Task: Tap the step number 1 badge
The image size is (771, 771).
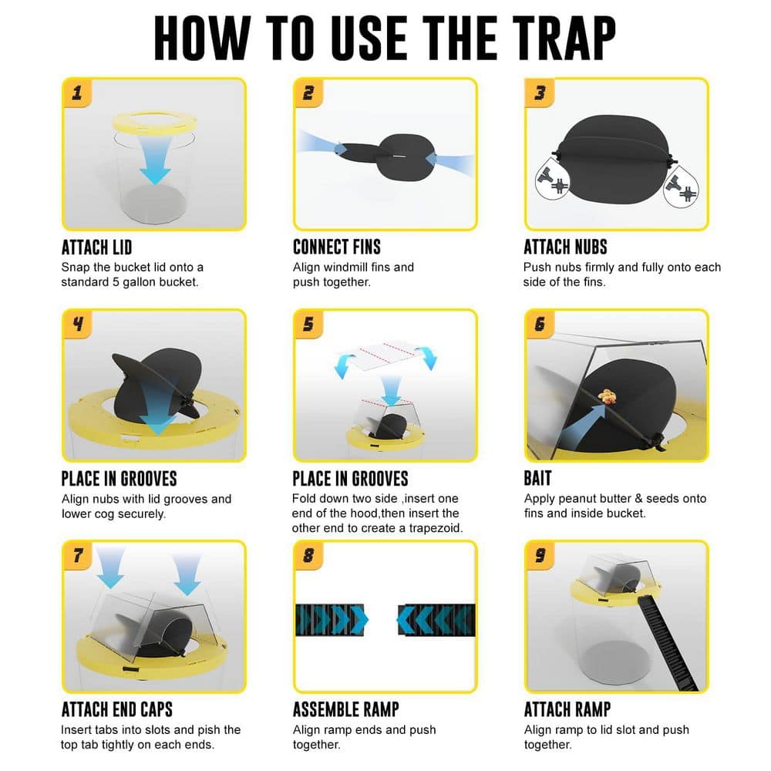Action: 77,93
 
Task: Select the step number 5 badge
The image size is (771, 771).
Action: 308,324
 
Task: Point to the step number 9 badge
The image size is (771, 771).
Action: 540,555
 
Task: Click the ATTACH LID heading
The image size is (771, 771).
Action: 96,247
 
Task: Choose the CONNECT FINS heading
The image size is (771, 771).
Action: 337,247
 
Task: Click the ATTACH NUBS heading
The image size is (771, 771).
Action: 565,247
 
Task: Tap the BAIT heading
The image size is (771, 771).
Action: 537,479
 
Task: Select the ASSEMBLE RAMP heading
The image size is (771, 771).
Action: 345,709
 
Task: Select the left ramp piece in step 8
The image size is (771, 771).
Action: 332,619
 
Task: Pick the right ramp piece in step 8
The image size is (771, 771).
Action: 436,619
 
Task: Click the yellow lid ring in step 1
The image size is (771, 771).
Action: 154,122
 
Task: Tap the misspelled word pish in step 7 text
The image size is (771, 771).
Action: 210,729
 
